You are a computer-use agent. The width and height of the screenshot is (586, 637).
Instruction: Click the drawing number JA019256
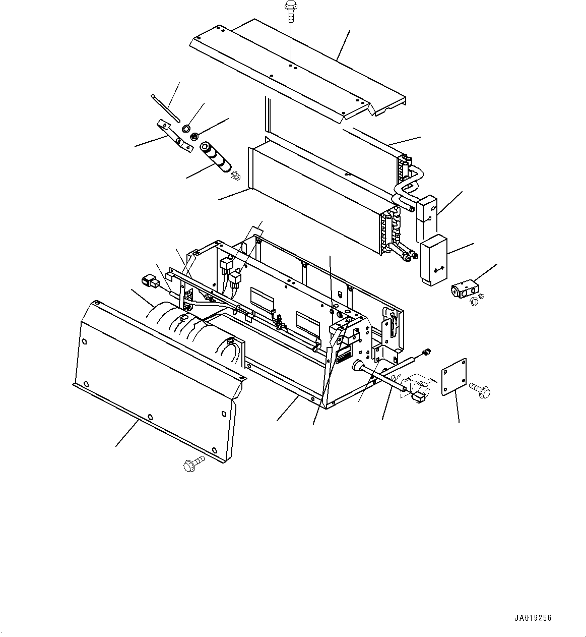[x=533, y=618]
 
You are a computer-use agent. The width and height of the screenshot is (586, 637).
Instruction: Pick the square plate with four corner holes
[x=454, y=377]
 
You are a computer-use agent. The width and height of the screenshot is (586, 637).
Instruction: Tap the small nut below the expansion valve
[x=474, y=302]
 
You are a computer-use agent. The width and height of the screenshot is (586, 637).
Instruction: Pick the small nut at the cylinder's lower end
[x=235, y=176]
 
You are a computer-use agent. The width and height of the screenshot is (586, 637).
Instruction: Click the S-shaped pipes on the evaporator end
[x=410, y=187]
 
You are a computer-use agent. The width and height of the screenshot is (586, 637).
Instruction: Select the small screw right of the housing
[x=427, y=352]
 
